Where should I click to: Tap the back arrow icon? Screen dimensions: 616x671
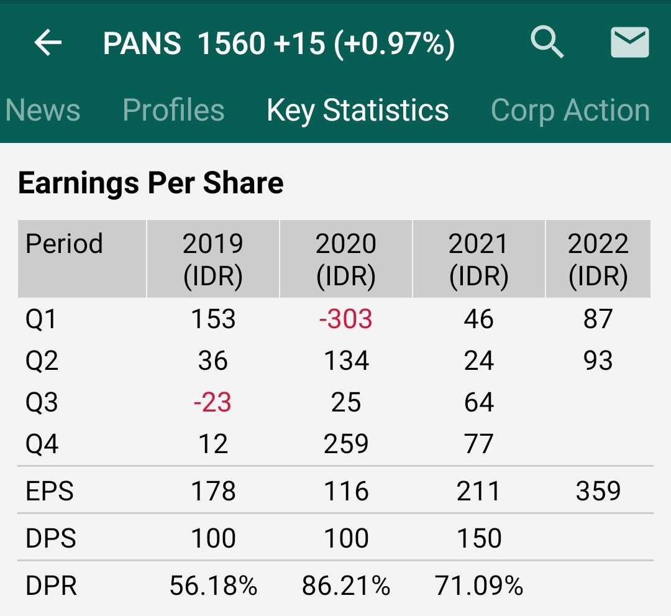(x=48, y=43)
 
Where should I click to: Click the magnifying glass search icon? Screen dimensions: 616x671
(x=547, y=43)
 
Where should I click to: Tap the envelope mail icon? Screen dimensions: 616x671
(x=630, y=43)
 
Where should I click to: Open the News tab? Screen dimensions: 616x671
(x=43, y=111)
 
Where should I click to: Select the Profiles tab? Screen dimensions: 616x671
(x=173, y=111)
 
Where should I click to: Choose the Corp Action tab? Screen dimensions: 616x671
(x=570, y=111)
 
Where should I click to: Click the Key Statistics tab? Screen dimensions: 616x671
(x=357, y=111)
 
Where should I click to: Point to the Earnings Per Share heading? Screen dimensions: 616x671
(x=151, y=183)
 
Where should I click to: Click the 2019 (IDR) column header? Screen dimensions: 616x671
(x=213, y=259)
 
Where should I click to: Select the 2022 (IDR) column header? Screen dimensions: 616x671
(x=598, y=259)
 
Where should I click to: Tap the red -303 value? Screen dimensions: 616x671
(x=345, y=319)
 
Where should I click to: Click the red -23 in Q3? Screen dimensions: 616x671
(x=212, y=403)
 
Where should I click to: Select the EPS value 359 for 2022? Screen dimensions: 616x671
(x=598, y=492)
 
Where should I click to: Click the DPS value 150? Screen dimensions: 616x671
(x=478, y=538)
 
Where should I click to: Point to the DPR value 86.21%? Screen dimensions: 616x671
(x=346, y=586)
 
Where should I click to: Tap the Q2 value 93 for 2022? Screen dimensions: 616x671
(x=598, y=361)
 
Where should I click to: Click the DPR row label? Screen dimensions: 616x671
(x=52, y=586)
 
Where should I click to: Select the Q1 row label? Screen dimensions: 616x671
(x=41, y=319)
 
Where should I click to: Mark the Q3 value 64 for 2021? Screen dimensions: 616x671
(x=478, y=403)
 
